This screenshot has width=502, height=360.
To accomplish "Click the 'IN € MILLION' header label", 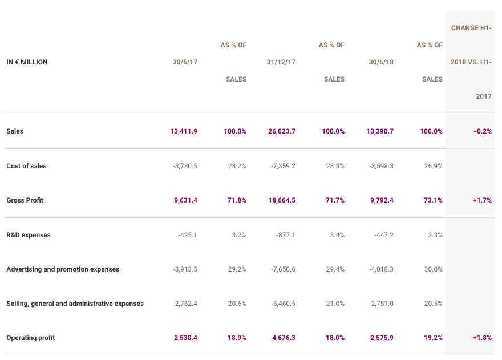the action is (27, 62).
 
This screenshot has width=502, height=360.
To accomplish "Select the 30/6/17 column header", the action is (185, 62).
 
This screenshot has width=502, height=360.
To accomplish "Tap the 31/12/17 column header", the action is (281, 62).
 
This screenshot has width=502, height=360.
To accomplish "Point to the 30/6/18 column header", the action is (381, 62).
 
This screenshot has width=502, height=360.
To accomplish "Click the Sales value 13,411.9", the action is (184, 131).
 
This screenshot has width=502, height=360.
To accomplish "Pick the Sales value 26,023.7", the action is (282, 131).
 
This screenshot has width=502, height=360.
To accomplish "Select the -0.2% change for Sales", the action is (483, 131).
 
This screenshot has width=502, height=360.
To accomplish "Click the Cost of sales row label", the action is (26, 166).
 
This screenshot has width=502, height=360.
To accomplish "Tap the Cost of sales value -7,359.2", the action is (283, 166).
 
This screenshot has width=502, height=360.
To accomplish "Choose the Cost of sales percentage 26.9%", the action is (433, 166).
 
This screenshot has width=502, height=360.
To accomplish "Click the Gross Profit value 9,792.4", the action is (382, 200).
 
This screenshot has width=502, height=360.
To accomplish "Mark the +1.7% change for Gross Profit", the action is (482, 200).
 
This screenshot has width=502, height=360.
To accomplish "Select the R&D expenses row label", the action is (29, 235).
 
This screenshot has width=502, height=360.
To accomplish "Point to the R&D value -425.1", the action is (188, 235).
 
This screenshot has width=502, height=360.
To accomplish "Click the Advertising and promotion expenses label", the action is (63, 269).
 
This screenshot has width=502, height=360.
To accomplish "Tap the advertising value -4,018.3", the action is (381, 269).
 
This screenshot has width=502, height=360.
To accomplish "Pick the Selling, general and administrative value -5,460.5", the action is (283, 304).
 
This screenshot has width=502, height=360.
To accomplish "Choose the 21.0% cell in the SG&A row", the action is (335, 304).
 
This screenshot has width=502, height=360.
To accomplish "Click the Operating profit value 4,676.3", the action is (284, 338).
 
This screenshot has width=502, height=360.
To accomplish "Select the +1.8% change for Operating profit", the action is (482, 338).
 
